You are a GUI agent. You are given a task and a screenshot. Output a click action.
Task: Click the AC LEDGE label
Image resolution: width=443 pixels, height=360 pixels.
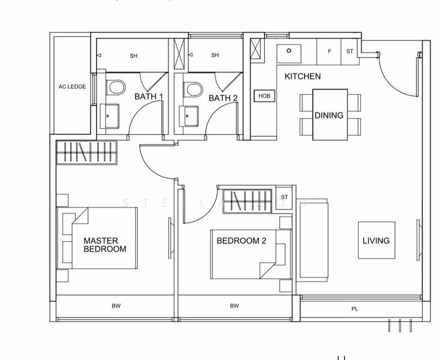72,86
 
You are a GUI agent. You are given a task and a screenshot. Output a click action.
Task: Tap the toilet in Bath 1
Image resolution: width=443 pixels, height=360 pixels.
115,88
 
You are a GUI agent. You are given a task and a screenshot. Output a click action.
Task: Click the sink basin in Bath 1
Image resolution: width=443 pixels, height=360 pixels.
109,115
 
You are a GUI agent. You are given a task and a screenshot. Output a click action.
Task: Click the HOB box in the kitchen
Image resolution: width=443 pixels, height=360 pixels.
264,96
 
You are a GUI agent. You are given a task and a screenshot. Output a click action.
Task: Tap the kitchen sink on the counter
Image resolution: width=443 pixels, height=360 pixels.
290,52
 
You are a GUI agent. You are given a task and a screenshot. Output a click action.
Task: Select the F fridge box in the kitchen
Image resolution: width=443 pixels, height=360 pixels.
329,52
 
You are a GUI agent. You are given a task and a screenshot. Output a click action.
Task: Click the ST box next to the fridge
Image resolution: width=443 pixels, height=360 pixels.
349,52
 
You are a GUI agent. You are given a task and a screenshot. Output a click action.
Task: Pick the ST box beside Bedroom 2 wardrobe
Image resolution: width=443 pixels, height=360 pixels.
284,197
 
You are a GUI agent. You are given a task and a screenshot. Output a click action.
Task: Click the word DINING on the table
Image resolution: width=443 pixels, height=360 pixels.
329,115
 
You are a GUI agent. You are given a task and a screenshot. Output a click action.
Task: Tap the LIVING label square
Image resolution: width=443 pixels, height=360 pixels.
376,240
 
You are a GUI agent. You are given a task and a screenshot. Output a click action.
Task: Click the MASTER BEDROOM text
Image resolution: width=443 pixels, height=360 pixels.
105,244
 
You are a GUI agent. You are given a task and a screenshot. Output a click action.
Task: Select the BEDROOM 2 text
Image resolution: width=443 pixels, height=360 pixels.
241,241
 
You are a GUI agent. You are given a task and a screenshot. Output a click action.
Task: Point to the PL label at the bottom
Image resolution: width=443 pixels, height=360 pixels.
355,310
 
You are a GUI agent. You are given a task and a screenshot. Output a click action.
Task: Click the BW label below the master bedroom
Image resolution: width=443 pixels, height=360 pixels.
116,306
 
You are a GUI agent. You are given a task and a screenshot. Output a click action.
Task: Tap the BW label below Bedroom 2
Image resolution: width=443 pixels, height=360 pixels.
234,306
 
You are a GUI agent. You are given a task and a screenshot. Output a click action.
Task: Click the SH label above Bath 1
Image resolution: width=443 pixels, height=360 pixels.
133,56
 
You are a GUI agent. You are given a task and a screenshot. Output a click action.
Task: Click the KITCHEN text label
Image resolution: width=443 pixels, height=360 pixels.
302,76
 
